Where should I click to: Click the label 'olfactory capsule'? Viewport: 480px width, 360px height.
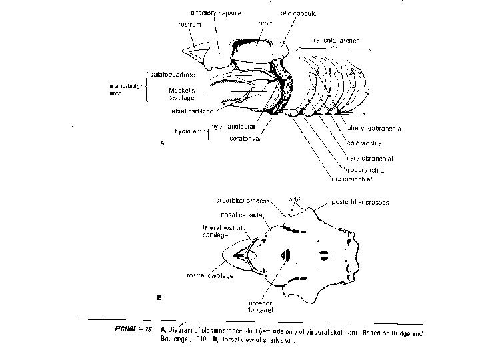pyautogui.click(x=215, y=13)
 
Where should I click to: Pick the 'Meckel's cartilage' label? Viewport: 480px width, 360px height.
pyautogui.click(x=181, y=94)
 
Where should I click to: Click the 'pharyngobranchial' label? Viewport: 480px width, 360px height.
pyautogui.click(x=373, y=129)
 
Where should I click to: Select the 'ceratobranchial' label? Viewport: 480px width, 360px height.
pyautogui.click(x=369, y=158)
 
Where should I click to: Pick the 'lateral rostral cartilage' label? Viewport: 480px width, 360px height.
pyautogui.click(x=220, y=231)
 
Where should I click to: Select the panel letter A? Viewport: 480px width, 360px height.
pyautogui.click(x=160, y=143)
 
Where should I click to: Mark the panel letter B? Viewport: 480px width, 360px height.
pyautogui.click(x=159, y=297)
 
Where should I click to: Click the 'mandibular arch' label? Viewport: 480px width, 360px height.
pyautogui.click(x=124, y=89)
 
